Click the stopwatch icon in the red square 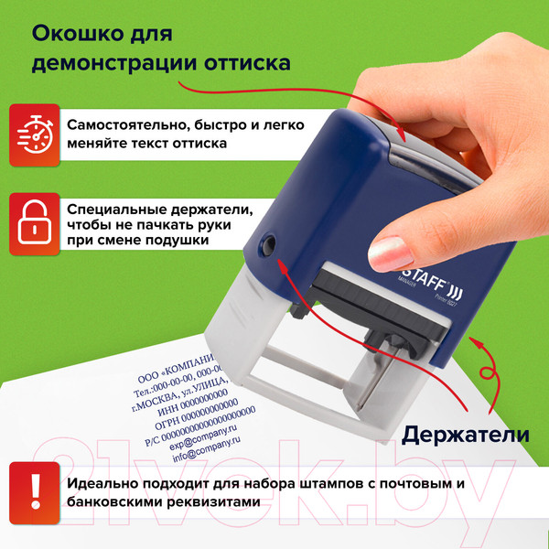tap(34, 134)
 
